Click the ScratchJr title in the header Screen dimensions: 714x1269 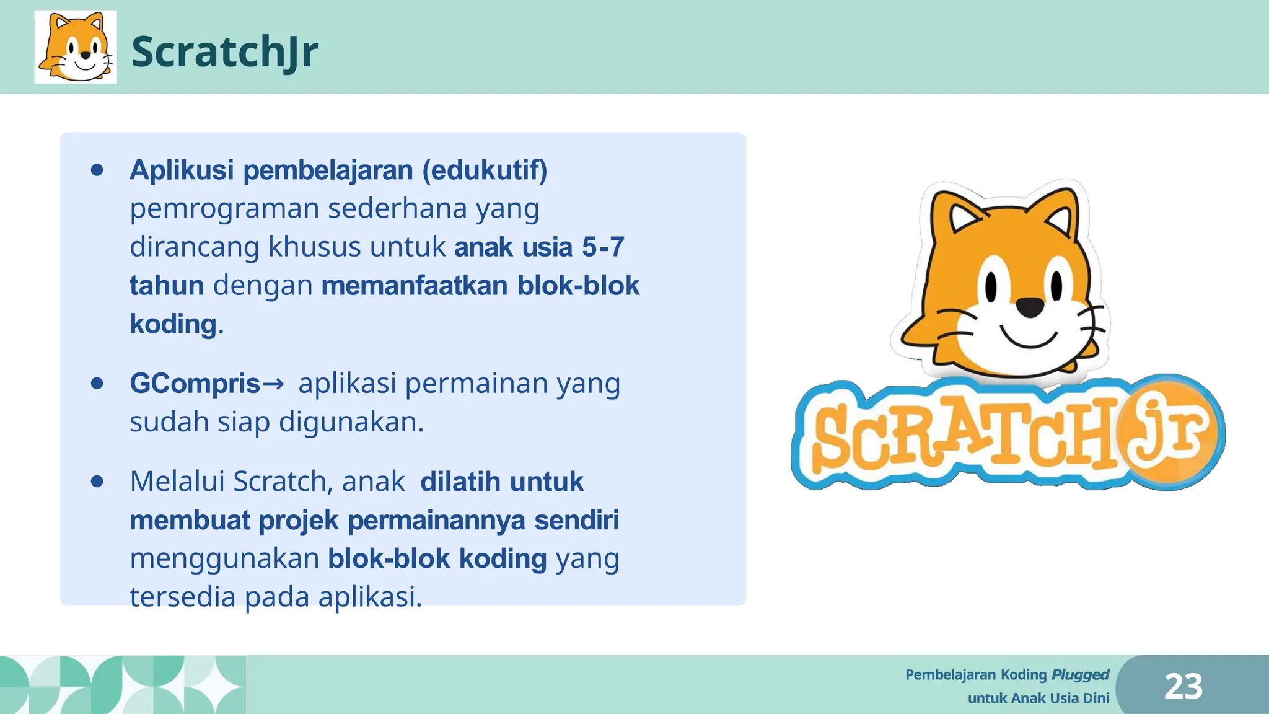[x=224, y=51]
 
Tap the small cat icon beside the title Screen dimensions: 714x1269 [x=76, y=47]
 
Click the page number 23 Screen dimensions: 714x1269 [x=1183, y=687]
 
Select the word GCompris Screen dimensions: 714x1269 [x=195, y=384]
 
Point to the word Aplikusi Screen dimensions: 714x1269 [x=182, y=170]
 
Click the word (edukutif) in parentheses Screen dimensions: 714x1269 [x=485, y=170]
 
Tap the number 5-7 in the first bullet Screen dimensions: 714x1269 [x=602, y=247]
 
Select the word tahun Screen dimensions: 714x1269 [x=167, y=286]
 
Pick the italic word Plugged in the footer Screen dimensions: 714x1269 [x=1080, y=674]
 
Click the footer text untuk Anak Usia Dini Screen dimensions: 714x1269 [x=1038, y=699]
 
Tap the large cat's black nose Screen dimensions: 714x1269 [x=1030, y=306]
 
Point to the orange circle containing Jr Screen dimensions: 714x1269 [x=1168, y=432]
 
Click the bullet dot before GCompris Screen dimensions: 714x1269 [x=97, y=384]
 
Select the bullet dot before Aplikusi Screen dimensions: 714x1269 [x=97, y=170]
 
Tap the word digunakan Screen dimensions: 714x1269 [x=351, y=422]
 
